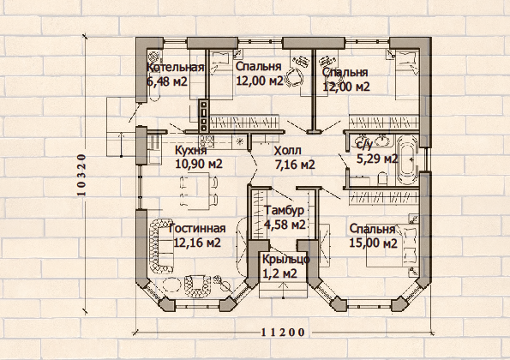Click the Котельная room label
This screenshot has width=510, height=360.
[175, 68]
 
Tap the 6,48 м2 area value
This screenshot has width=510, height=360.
[167, 81]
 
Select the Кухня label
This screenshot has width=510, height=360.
[191, 151]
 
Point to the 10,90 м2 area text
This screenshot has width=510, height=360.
[199, 164]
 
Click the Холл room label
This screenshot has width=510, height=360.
[287, 151]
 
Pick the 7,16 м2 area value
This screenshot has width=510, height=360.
[295, 165]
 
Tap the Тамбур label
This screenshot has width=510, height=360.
[285, 210]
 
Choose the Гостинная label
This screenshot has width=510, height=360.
[197, 228]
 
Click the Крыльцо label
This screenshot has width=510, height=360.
[286, 260]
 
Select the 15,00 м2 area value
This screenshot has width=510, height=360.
[373, 243]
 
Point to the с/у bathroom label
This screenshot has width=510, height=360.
[364, 144]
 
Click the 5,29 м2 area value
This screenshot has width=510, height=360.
[377, 159]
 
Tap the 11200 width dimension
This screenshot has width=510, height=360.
[284, 333]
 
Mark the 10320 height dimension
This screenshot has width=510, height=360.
[81, 175]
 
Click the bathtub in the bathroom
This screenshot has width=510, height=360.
[407, 160]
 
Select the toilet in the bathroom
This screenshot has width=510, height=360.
[382, 178]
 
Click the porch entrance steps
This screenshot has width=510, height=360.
[284, 290]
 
